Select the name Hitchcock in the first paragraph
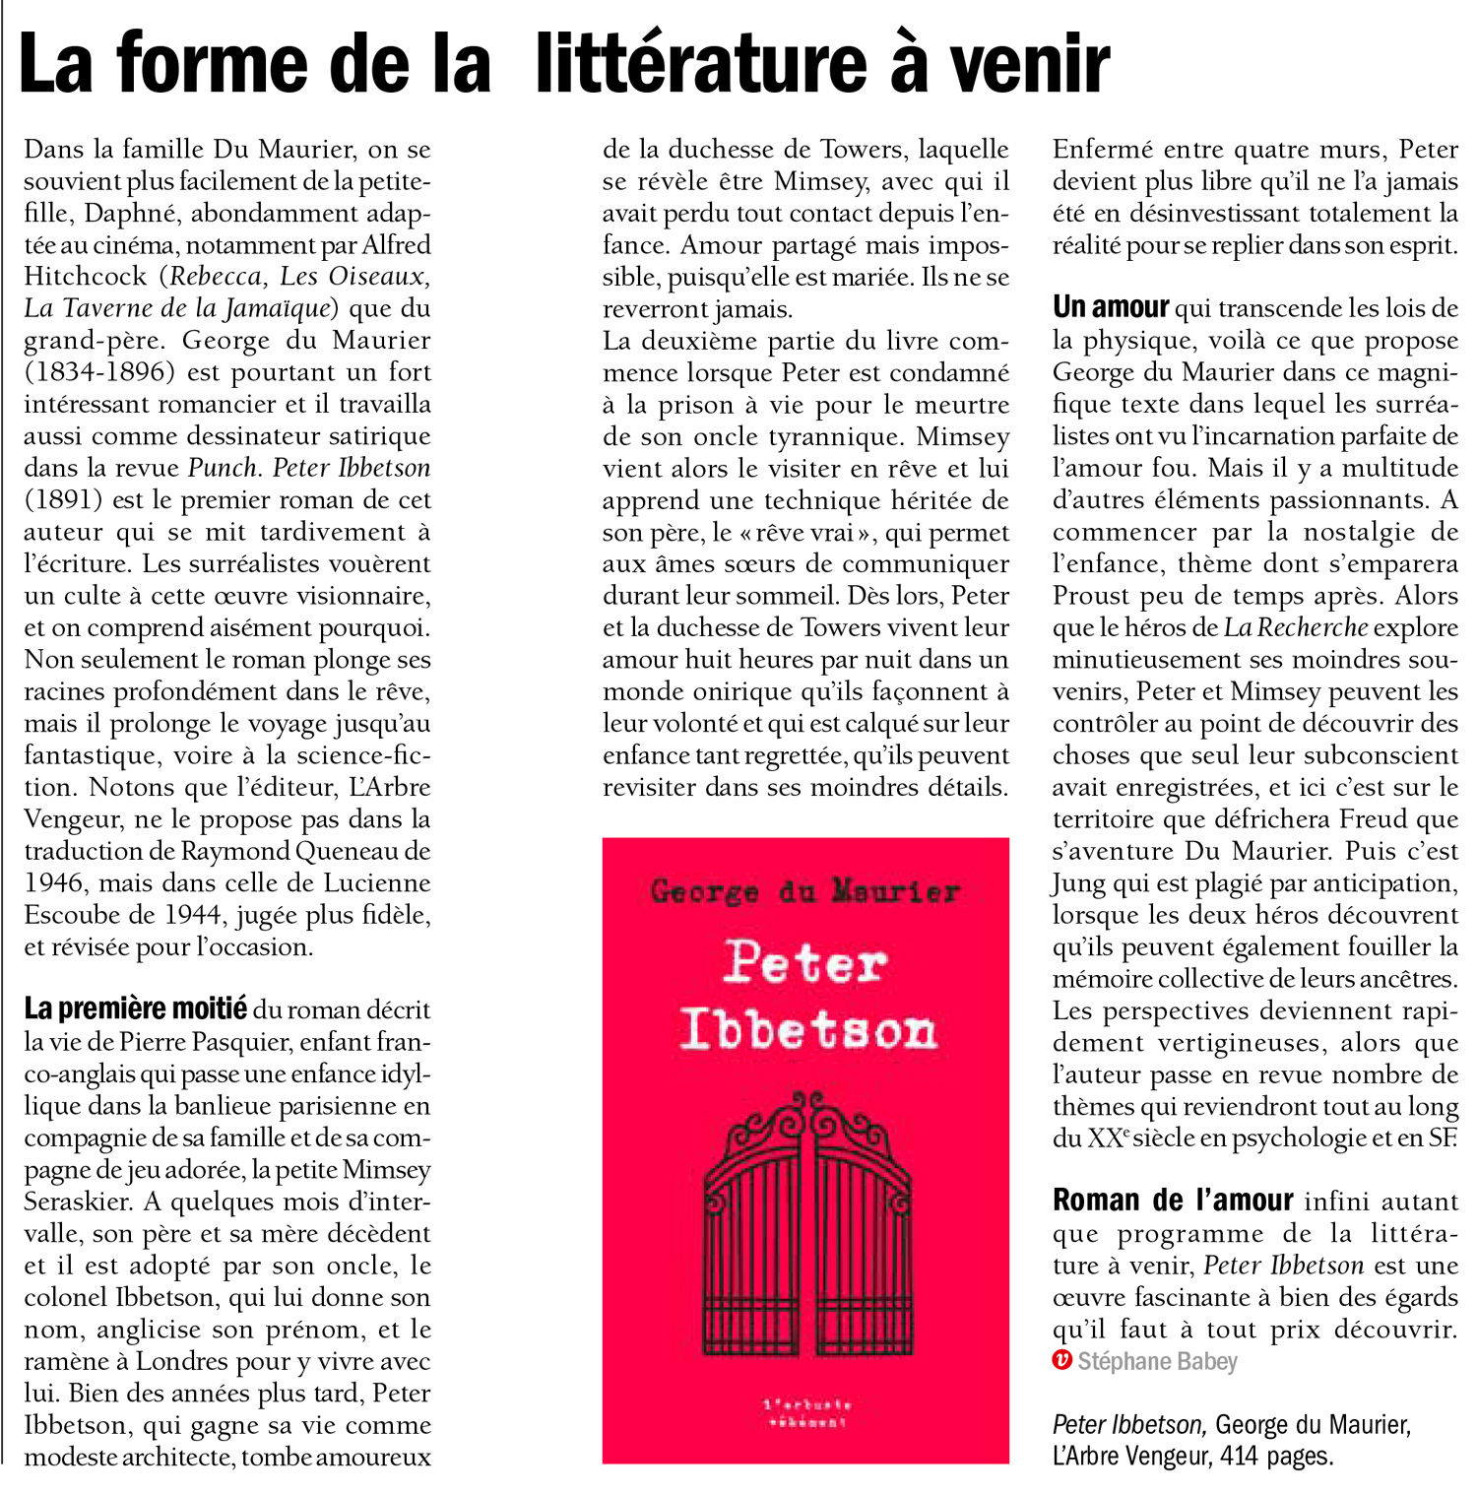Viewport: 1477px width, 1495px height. [85, 277]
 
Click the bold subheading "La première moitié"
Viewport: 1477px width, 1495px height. [135, 1009]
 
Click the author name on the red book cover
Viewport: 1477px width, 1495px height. [804, 892]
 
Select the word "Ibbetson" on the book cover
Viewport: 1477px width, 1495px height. [807, 1030]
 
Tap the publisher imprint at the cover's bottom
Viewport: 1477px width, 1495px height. [805, 1413]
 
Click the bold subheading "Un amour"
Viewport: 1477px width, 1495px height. [1111, 308]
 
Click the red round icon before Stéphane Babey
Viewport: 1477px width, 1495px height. [1061, 1361]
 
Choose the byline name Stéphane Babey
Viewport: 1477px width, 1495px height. [1157, 1362]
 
